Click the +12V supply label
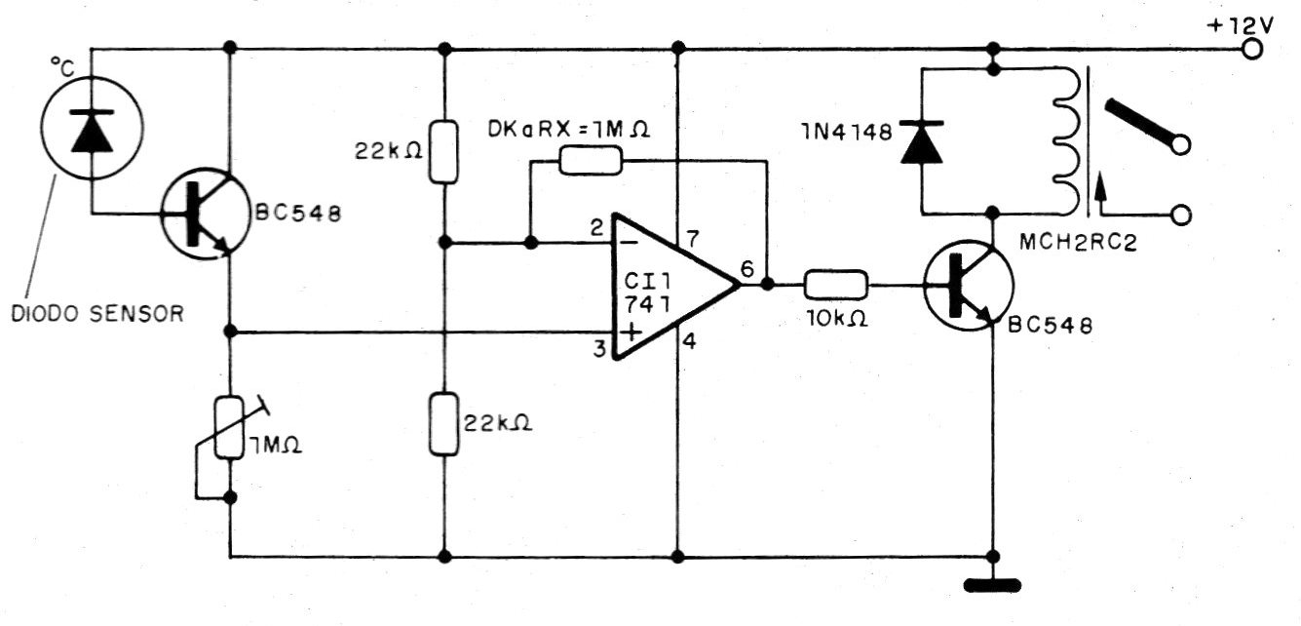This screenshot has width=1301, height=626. click(x=1235, y=25)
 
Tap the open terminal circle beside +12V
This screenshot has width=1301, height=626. click(x=1265, y=49)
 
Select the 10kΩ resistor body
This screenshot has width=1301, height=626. click(x=835, y=286)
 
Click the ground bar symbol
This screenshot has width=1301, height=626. click(x=993, y=586)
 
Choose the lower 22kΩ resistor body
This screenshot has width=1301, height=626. click(x=444, y=424)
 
